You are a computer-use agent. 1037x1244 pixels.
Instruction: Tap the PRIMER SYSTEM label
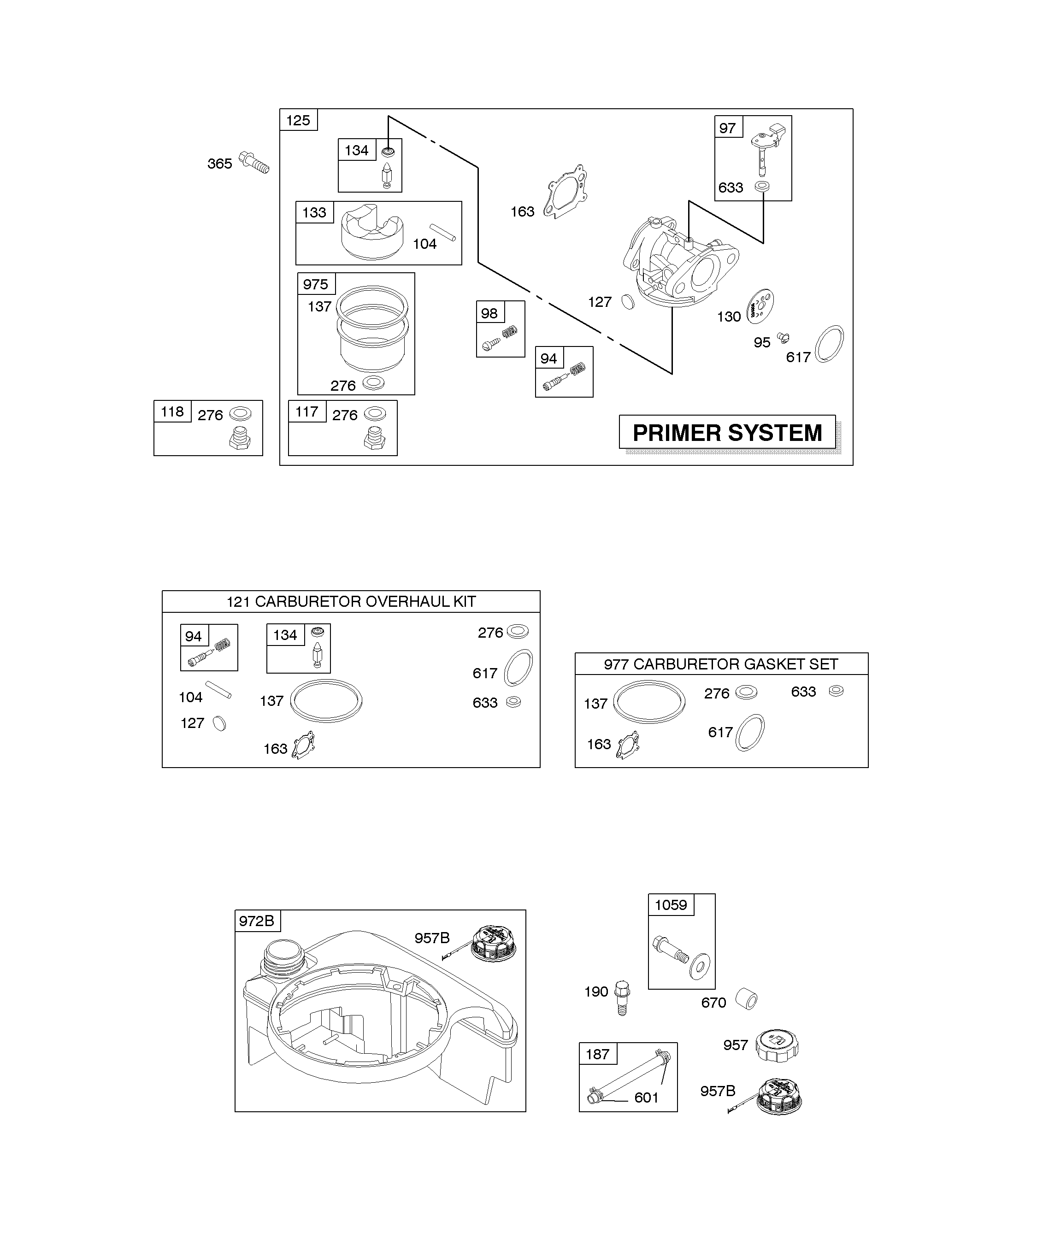(x=727, y=433)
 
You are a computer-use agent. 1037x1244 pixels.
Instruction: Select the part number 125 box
(x=298, y=120)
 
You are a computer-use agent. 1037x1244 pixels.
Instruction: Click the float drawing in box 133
(x=372, y=232)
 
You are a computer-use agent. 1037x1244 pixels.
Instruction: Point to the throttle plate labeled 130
(x=761, y=306)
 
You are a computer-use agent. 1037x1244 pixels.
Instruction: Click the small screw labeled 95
(x=783, y=338)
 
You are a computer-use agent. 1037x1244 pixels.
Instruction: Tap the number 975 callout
(x=316, y=284)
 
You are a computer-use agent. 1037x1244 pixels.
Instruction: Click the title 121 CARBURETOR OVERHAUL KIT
(x=351, y=602)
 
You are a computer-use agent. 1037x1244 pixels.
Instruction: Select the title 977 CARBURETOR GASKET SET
(x=721, y=664)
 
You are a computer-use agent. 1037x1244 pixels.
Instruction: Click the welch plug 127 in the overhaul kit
(x=219, y=723)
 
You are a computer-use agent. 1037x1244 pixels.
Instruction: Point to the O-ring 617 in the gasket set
(x=750, y=732)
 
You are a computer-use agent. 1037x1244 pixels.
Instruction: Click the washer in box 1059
(x=701, y=967)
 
